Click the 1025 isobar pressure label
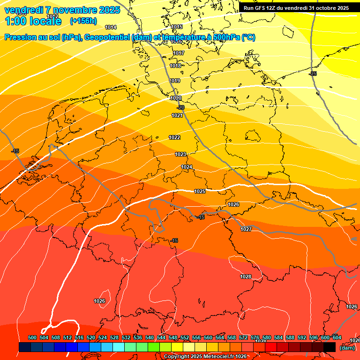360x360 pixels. tap(200, 192)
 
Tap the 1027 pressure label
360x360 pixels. tap(246, 229)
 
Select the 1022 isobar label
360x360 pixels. tap(174, 137)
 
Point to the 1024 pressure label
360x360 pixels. tap(187, 167)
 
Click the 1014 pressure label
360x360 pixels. tap(111, 28)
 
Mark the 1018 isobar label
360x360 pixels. tap(175, 66)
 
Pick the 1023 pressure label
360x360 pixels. tap(180, 154)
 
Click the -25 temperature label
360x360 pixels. tap(313, 74)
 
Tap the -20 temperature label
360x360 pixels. tap(181, 107)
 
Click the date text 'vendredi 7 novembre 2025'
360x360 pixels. tap(62, 10)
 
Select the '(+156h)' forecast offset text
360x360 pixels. tap(83, 21)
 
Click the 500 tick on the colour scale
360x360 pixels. tap(32, 337)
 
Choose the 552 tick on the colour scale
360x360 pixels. tap(185, 337)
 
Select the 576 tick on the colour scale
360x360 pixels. tap(255, 337)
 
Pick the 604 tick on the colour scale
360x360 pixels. tap(337, 337)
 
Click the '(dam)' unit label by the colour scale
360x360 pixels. tap(347, 348)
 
